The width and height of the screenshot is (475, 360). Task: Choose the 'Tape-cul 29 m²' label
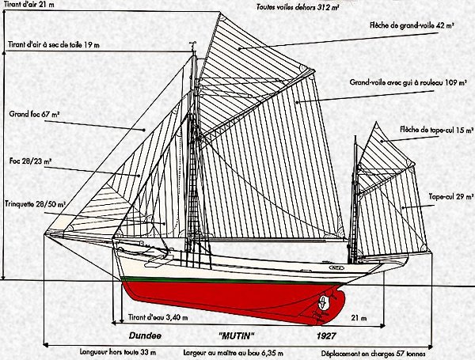click(x=449, y=196)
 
